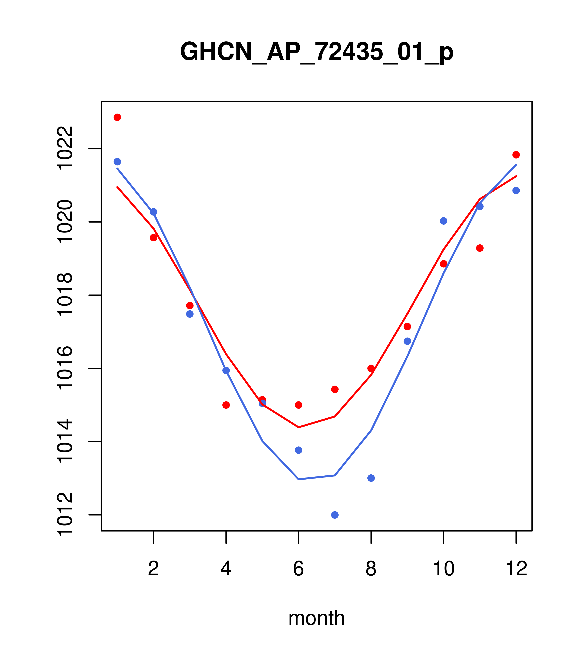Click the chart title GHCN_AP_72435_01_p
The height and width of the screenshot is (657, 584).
(x=317, y=52)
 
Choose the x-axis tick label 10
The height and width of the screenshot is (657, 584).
(x=443, y=569)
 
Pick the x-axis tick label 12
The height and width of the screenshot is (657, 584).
(x=516, y=569)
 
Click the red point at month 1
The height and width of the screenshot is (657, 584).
(x=117, y=117)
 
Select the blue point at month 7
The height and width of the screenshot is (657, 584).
(x=335, y=515)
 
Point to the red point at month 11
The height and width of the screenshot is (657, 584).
(x=480, y=248)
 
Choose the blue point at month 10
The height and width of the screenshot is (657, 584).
(x=443, y=221)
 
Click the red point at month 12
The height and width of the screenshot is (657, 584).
(x=516, y=155)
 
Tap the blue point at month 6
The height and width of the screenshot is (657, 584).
(x=299, y=450)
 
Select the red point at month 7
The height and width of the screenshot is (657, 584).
(x=335, y=389)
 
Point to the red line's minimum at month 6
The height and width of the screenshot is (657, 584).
(x=299, y=427)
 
